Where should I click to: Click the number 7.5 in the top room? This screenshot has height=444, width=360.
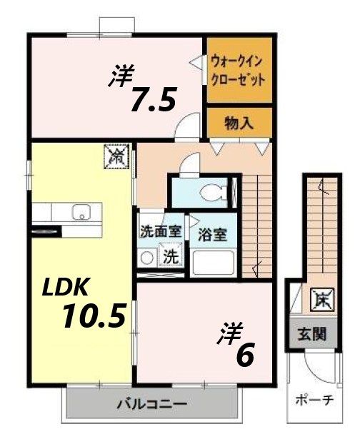click(152, 101)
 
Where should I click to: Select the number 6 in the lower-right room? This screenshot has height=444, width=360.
click(244, 355)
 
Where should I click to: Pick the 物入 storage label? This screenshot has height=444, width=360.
click(239, 123)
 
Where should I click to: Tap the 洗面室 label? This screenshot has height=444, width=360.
click(159, 231)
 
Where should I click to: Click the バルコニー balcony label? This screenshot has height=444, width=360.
click(152, 404)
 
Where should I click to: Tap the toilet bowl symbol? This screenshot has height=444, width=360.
click(212, 191)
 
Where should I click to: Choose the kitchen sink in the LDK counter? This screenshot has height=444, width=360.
click(80, 212)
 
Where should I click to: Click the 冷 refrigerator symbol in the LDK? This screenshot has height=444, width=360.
click(116, 155)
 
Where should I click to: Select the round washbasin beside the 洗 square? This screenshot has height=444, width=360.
click(148, 257)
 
